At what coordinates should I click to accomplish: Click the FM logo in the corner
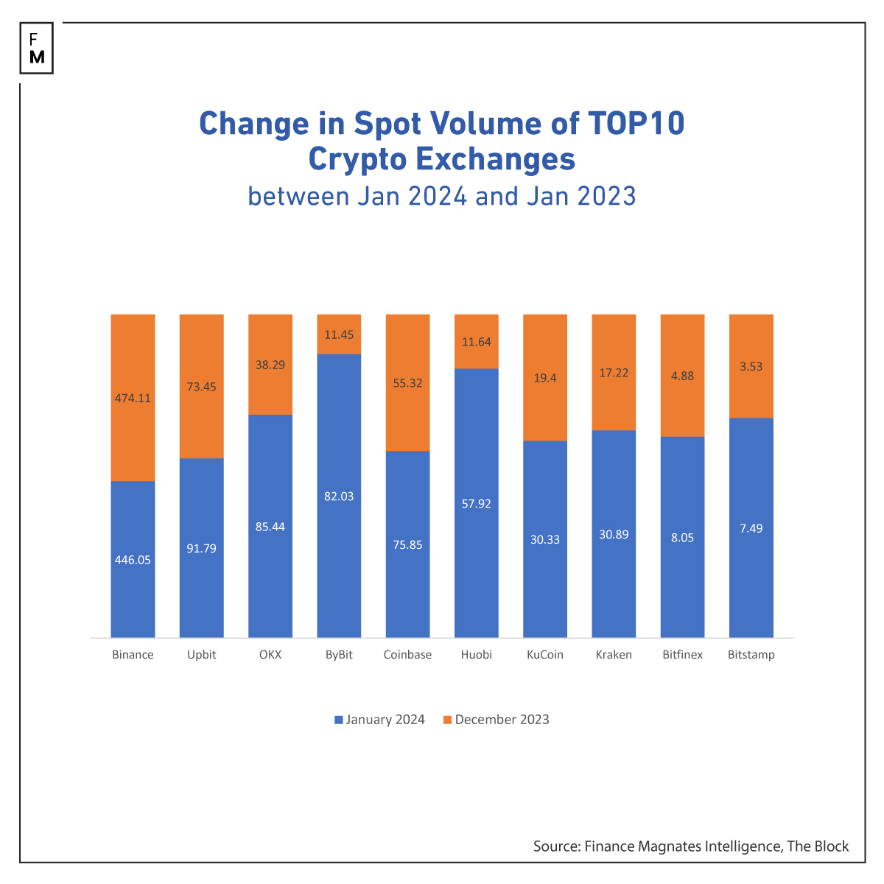[x=37, y=49]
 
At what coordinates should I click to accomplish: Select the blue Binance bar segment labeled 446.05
[x=133, y=559]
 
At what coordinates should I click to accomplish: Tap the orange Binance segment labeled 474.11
[x=133, y=398]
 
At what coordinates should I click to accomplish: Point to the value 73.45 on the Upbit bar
[x=201, y=387]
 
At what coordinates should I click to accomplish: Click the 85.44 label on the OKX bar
[x=270, y=527]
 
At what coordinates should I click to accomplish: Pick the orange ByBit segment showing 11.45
[x=339, y=334]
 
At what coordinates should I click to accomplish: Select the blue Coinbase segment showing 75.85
[x=407, y=544]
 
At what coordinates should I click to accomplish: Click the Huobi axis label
[x=476, y=654]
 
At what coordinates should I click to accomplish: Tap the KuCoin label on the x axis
[x=545, y=654]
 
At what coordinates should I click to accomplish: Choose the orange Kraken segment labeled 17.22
[x=614, y=373]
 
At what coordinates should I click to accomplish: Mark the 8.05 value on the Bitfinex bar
[x=682, y=538]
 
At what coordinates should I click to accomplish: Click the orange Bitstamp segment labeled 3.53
[x=751, y=366]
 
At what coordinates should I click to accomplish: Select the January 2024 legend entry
[x=379, y=720]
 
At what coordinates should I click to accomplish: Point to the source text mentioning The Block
[x=691, y=846]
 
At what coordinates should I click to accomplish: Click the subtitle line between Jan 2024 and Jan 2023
[x=441, y=197]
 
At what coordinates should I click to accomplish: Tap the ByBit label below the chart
[x=339, y=654]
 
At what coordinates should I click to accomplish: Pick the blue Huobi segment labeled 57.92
[x=476, y=504]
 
